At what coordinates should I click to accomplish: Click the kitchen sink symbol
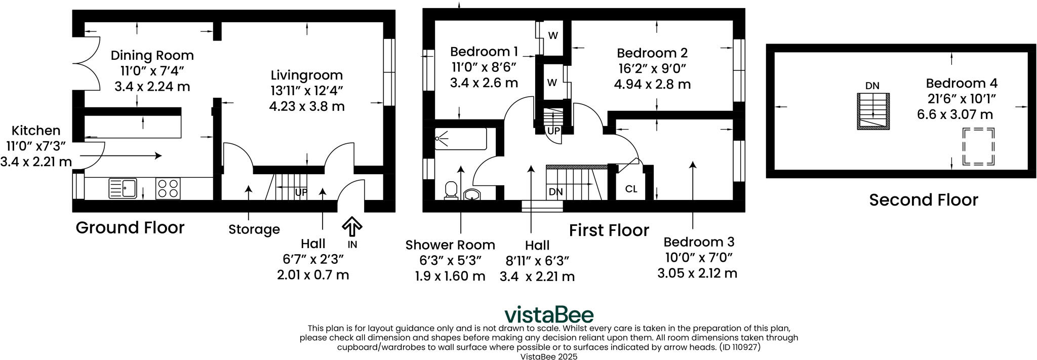123,188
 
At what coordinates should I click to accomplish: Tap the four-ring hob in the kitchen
168,189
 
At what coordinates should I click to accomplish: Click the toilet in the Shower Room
451,190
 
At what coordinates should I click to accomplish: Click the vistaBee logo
549,314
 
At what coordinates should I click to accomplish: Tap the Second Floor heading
923,200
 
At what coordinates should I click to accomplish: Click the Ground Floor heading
130,228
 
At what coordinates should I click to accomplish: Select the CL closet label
631,189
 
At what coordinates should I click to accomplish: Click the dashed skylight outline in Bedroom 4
978,147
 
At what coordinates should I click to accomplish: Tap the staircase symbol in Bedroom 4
873,111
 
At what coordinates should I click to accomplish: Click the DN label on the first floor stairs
555,192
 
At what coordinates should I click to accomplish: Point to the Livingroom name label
306,75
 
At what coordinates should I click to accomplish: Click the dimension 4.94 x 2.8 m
652,85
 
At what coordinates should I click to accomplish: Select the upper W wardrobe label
553,36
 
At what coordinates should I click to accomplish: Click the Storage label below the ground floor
254,230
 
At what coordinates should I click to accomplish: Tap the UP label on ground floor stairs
301,192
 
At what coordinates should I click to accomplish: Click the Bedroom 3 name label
699,242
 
